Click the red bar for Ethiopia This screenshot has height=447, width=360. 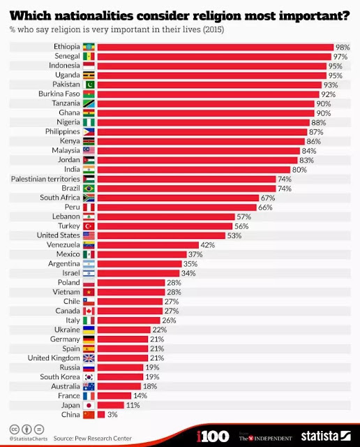coord(215,47)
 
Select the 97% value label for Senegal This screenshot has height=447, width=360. coord(341,57)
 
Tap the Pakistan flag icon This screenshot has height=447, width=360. coord(89,85)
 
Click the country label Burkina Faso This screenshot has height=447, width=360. coord(59,94)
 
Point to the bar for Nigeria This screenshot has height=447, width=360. coord(203,122)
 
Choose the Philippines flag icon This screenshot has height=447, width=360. coord(89,131)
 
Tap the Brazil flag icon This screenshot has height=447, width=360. coord(89,188)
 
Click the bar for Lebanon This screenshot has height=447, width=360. coord(165,217)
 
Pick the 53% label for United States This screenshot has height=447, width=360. coord(235,235)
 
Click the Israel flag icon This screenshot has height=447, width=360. coord(89,273)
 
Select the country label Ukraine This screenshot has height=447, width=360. coord(67,330)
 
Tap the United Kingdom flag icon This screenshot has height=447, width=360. coord(89,358)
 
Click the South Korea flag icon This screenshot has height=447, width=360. coord(89,376)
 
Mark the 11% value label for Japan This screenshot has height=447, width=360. coord(133,405)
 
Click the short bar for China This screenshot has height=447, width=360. coord(100,414)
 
